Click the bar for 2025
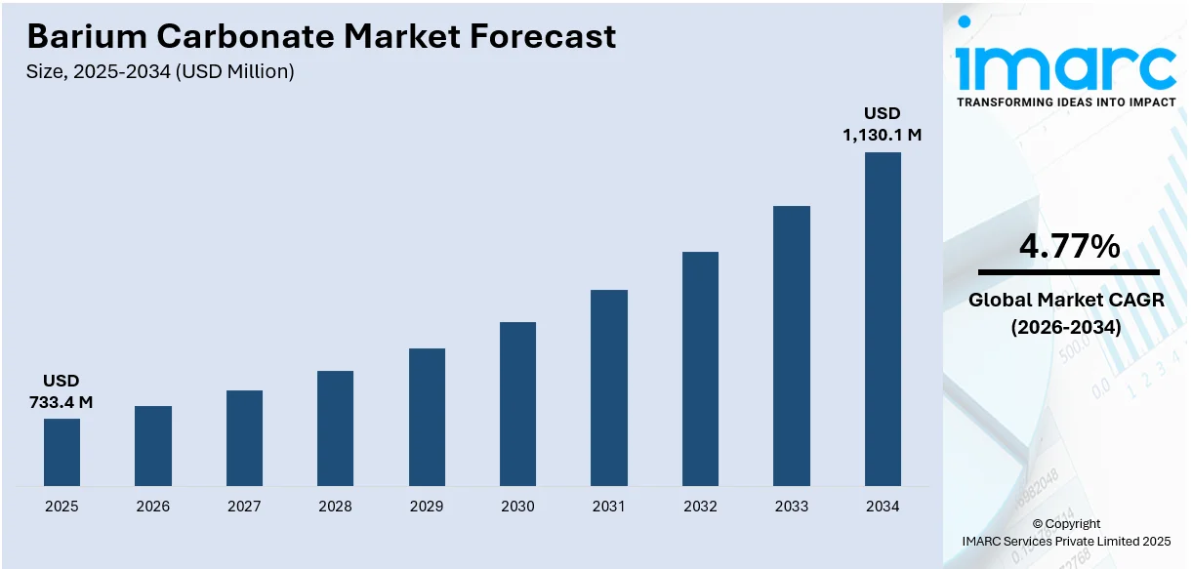[62, 452]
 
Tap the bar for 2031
[609, 387]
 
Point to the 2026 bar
[153, 445]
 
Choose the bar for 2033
[792, 345]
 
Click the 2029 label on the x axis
[427, 507]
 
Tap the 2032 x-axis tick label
[700, 507]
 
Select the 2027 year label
[244, 507]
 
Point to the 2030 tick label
[517, 507]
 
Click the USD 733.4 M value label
[62, 390]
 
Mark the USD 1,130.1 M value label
[883, 124]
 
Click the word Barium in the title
[84, 36]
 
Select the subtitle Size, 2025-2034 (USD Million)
[160, 71]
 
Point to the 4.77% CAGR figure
[1069, 247]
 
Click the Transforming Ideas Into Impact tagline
[1066, 102]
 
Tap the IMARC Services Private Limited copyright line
[1065, 541]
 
